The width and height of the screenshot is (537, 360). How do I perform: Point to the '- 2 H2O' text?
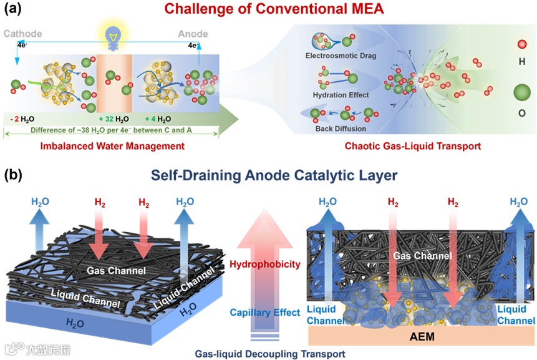tap(27, 119)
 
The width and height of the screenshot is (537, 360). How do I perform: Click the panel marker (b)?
tap(14, 175)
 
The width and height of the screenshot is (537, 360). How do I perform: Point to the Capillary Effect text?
tap(265, 311)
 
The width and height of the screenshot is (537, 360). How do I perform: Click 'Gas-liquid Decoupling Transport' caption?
tap(268, 353)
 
